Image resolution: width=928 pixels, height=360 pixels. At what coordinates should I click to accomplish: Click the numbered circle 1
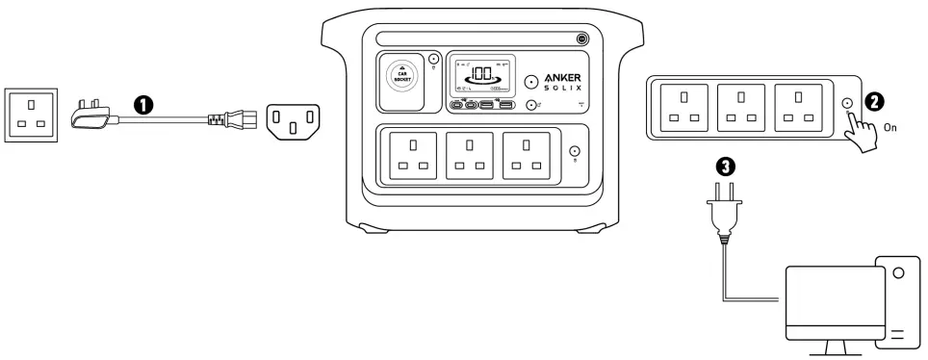pos(144,105)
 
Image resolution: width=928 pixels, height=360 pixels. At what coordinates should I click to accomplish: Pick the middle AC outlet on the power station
pos(469,155)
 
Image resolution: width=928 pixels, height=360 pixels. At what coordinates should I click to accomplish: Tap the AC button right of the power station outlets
pos(576,152)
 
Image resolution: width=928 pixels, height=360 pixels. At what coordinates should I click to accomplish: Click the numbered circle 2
pos(875,100)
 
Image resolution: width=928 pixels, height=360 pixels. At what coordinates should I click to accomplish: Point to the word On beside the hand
pos(890,126)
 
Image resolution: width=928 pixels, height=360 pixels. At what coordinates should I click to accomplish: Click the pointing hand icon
pos(861,128)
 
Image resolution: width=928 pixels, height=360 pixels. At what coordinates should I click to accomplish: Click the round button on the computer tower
pos(899,273)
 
